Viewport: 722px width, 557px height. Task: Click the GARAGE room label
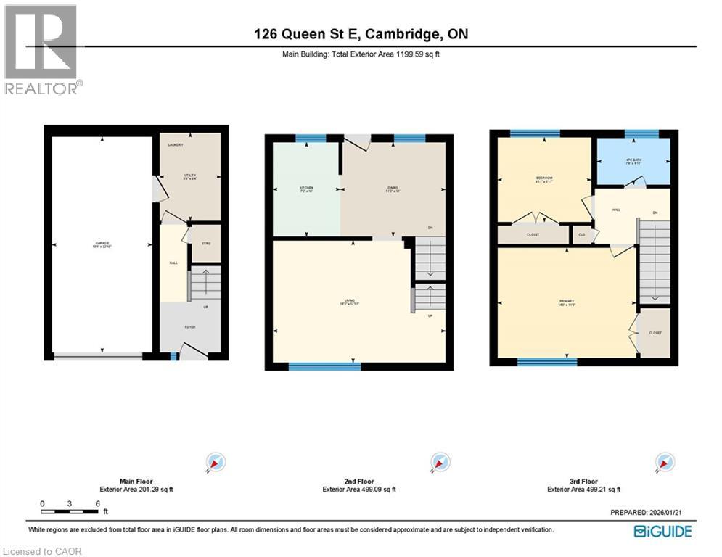(101, 244)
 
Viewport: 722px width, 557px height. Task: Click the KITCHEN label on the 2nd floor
(306, 188)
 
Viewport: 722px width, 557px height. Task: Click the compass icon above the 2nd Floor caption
(438, 462)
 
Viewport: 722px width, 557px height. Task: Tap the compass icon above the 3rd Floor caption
(663, 462)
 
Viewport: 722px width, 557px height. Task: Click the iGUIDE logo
(662, 532)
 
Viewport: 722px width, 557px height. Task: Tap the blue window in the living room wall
(324, 366)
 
